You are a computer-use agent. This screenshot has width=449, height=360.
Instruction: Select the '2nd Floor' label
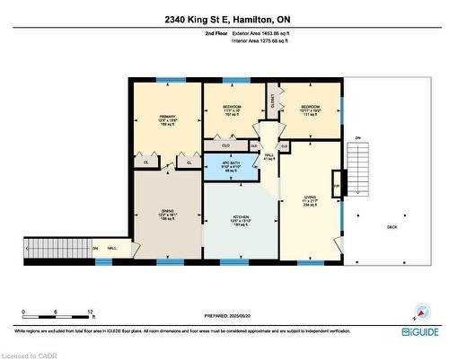click(x=217, y=33)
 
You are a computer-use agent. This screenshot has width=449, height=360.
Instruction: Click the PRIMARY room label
click(x=166, y=117)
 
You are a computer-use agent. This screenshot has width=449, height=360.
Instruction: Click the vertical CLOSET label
click(x=272, y=104)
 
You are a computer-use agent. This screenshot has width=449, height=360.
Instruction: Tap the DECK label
click(x=392, y=227)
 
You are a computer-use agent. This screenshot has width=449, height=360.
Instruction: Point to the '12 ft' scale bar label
click(x=91, y=312)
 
